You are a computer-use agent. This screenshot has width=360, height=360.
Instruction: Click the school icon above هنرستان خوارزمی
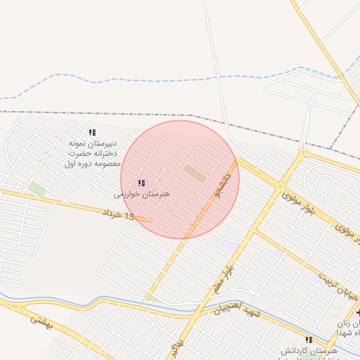[x=142, y=183]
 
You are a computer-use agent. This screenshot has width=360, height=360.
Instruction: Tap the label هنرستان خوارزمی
[x=142, y=193]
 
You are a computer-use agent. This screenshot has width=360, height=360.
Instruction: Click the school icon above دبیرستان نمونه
[x=91, y=132]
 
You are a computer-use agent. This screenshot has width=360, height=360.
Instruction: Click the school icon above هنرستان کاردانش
[x=309, y=340]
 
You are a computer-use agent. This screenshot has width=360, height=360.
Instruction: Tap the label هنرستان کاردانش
[x=309, y=350]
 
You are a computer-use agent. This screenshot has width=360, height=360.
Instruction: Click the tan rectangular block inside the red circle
[x=195, y=173]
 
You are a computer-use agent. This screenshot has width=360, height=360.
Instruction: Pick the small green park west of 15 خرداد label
[x=37, y=188]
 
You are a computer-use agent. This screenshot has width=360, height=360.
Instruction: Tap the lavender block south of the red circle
[x=226, y=245]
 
